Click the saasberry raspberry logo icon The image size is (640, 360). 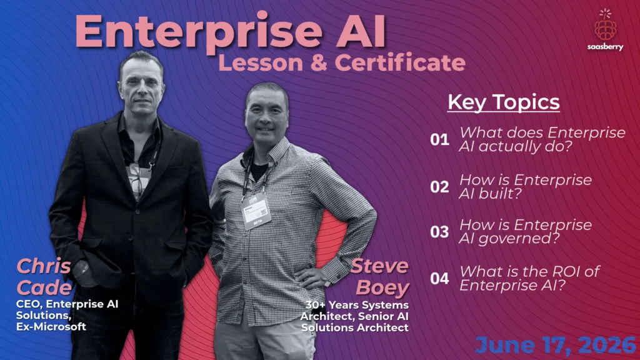[605, 24]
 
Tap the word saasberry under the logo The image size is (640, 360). [605, 47]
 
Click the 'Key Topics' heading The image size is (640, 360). [504, 102]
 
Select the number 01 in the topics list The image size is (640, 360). [439, 139]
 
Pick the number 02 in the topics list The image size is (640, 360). [439, 186]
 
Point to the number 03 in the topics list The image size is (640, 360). [439, 231]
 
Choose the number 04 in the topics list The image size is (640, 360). [439, 278]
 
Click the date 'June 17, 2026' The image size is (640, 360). [556, 345]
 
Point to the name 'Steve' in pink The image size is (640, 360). [379, 266]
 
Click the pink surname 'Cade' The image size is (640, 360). [44, 287]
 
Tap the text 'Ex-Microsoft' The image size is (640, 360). [51, 326]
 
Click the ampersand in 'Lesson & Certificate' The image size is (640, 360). [318, 63]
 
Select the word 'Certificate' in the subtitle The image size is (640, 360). [400, 63]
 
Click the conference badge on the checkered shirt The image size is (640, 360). [256, 211]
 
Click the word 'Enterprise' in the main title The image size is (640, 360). [199, 32]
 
